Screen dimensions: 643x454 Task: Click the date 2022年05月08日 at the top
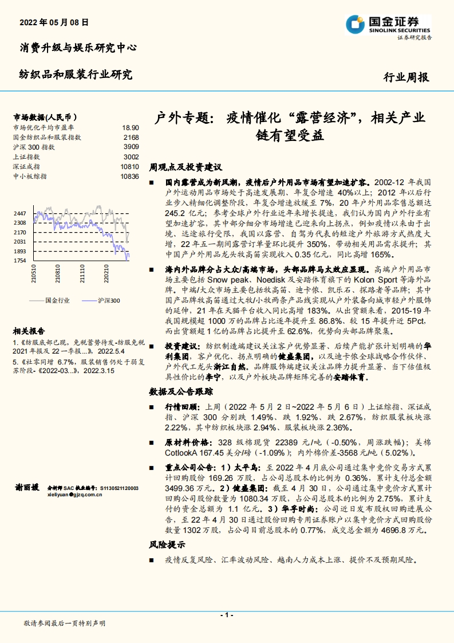[x=54, y=23]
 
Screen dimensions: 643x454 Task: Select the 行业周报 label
[x=405, y=77]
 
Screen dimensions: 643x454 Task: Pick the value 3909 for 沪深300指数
[x=131, y=147]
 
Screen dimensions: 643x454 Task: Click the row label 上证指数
[x=26, y=156]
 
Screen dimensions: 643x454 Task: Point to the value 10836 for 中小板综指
[x=129, y=176]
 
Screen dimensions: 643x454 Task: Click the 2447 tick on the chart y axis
[x=21, y=213]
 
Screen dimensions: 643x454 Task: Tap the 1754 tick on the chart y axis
[x=21, y=261]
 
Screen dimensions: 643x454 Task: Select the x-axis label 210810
[x=58, y=273]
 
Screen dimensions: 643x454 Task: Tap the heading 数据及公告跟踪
[x=181, y=391]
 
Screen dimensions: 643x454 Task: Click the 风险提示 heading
[x=167, y=544]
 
